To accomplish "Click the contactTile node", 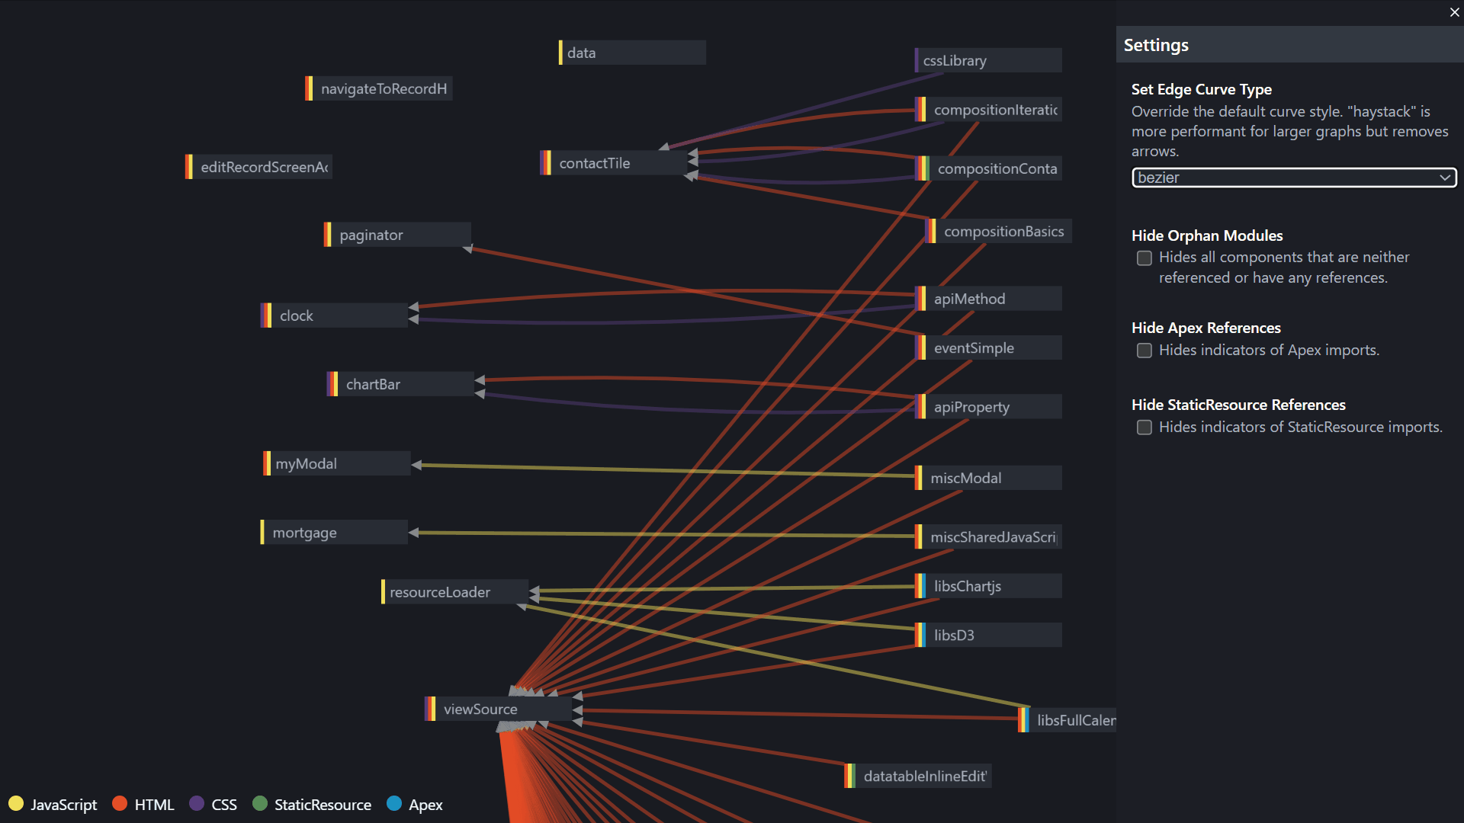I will [595, 163].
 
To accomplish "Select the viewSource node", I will [480, 709].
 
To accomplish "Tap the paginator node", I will [371, 235].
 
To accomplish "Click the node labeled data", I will [582, 53].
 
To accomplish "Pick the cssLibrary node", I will [955, 60].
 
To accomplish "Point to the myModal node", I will [307, 463].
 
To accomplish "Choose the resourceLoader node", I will [440, 592].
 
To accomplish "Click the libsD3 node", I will [954, 635].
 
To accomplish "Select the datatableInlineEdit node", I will [924, 776].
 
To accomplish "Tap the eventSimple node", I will [974, 347].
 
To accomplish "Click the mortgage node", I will [305, 533].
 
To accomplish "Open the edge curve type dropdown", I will [1293, 178].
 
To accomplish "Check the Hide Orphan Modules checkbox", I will [1145, 258].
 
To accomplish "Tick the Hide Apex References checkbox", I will [1145, 351].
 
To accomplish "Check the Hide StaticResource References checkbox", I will [1145, 428].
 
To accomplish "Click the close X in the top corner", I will [1454, 12].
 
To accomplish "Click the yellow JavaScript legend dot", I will [16, 803].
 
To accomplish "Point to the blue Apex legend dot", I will [394, 803].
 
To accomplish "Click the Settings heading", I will [1156, 45].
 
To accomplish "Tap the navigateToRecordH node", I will [384, 88].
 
